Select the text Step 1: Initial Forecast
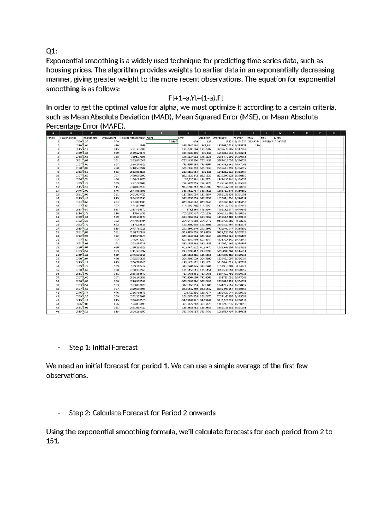[x=103, y=347]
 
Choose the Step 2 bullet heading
[x=142, y=413]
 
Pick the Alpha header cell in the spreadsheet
[x=151, y=138]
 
